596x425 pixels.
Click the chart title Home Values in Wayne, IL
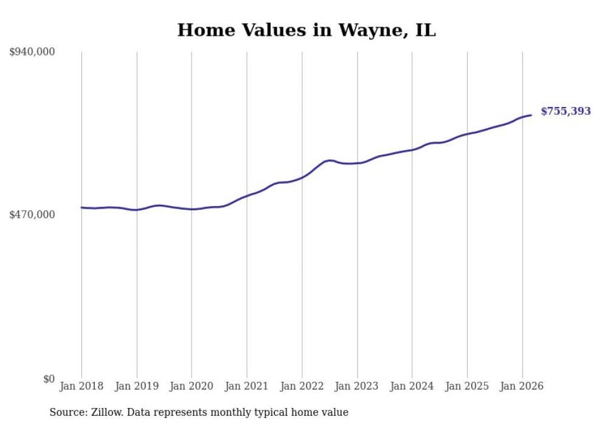307,30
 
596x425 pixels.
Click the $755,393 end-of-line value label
566,111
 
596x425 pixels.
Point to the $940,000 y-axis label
32,52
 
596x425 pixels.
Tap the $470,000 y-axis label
32,215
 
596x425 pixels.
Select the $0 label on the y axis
48,379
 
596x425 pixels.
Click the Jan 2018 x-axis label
81,386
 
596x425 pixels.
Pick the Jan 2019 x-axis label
137,386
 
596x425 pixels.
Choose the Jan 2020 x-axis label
192,386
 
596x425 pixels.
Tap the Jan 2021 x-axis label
247,386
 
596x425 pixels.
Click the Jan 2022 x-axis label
302,386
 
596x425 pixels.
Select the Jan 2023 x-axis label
357,386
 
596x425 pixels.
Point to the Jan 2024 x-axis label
412,386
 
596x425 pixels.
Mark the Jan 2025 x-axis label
467,386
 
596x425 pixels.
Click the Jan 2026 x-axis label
522,386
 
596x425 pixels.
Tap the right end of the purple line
531,115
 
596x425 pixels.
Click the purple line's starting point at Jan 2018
81,207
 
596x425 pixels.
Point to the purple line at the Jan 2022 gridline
302,178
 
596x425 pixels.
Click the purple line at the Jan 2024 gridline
412,150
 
